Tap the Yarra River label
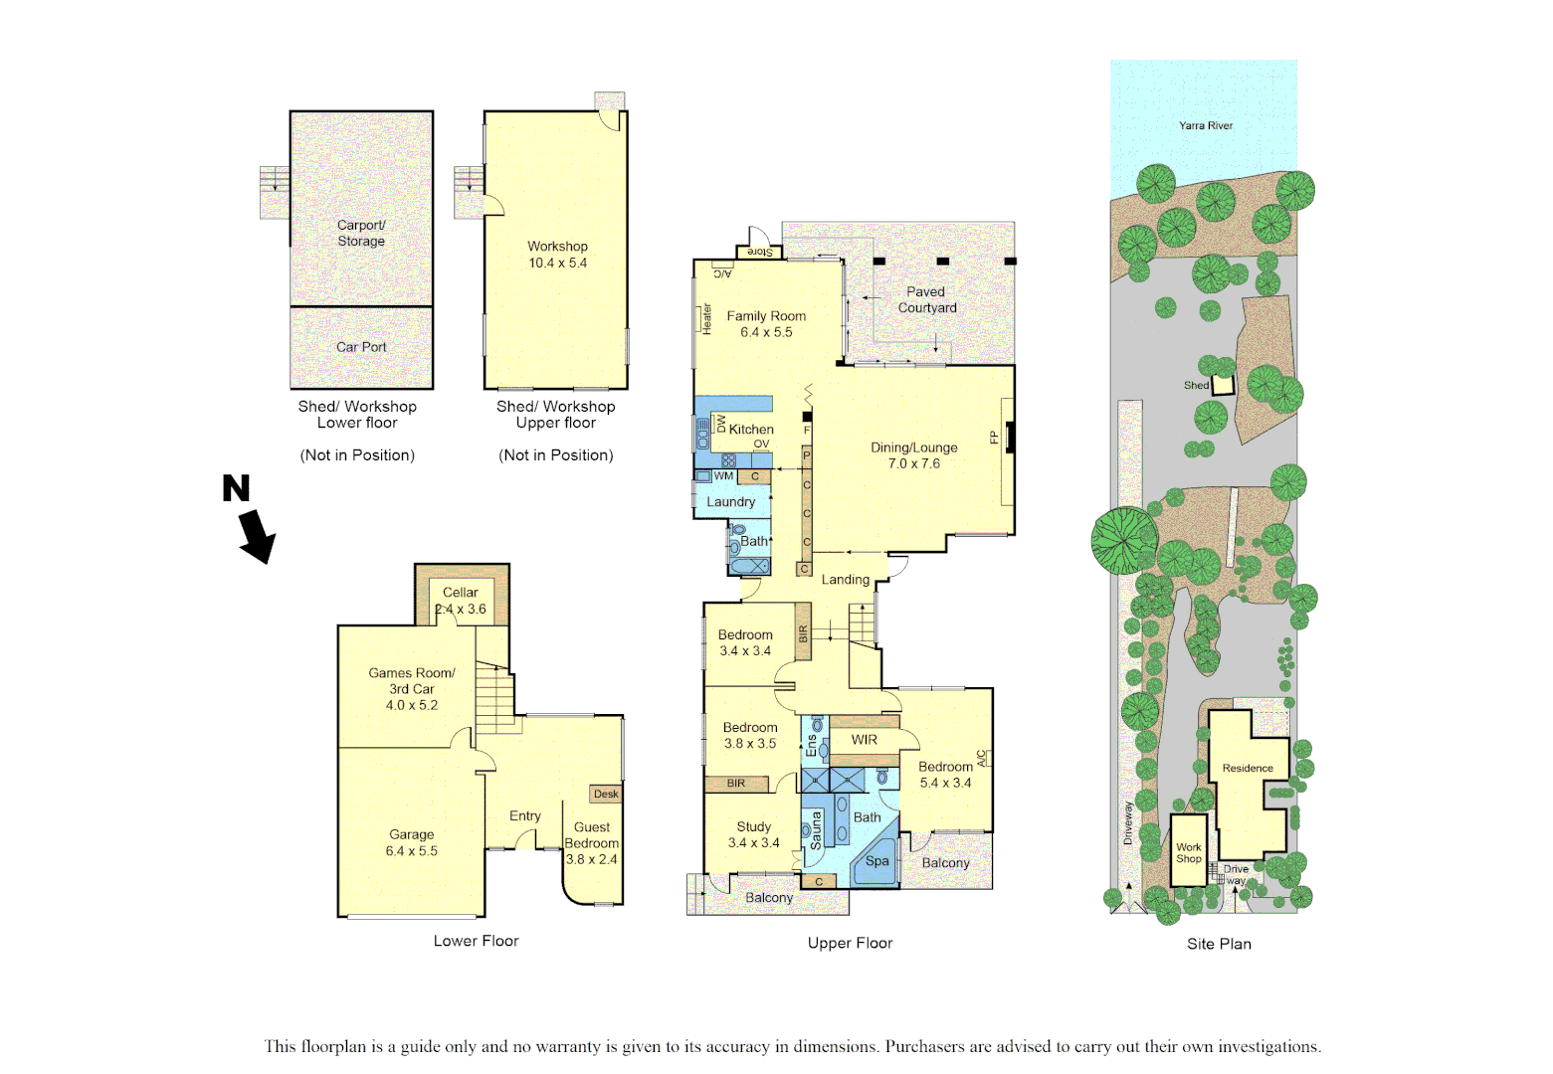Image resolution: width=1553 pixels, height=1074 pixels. (x=1205, y=125)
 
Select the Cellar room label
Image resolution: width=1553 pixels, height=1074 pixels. (x=460, y=592)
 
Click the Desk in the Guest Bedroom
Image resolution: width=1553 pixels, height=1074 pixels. (x=606, y=794)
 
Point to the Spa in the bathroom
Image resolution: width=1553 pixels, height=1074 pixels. (x=876, y=861)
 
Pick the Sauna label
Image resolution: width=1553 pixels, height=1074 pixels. (x=816, y=830)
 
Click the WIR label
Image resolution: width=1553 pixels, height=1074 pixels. (x=864, y=740)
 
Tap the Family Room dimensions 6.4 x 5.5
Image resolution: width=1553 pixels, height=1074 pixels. (x=766, y=332)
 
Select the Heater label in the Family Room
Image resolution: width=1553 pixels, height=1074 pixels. (x=707, y=318)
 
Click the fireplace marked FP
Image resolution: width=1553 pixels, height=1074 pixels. (x=1010, y=438)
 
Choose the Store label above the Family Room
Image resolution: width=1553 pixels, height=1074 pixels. (x=759, y=252)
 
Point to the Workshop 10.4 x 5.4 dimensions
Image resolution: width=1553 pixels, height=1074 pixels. (x=557, y=263)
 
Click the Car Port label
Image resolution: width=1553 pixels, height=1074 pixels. (x=361, y=347)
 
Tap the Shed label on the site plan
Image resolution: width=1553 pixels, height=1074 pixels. (x=1196, y=385)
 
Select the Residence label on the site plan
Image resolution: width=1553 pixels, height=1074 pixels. (x=1248, y=768)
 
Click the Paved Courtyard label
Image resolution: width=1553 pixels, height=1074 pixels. (x=926, y=299)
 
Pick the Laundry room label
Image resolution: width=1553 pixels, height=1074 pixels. (x=730, y=502)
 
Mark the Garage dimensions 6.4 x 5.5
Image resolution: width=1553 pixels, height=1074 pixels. (x=411, y=851)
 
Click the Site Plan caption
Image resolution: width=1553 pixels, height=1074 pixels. (x=1219, y=944)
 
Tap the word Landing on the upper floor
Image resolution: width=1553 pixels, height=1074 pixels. (x=845, y=580)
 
